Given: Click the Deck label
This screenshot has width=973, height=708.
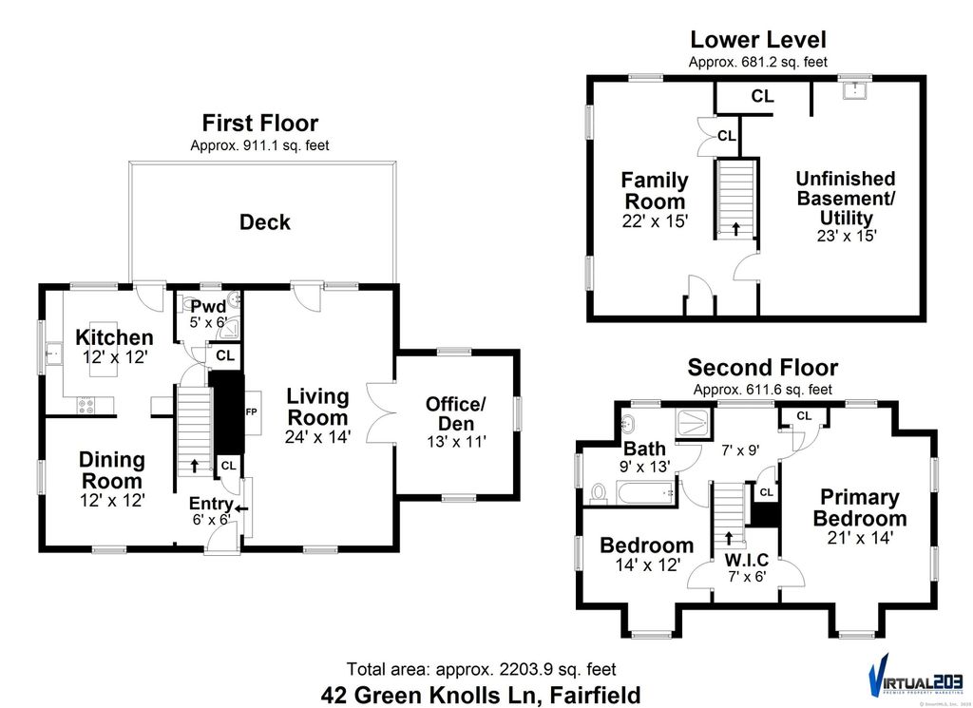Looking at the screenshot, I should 264,222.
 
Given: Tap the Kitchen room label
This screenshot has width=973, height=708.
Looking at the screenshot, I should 114,337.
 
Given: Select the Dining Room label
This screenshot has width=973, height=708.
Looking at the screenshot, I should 112,469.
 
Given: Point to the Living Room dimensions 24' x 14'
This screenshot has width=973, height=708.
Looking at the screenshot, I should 317,437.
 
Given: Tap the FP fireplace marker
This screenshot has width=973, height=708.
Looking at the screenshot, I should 252,412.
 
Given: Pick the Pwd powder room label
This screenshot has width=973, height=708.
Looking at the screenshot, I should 208,307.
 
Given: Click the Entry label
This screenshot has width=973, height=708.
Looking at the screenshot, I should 210,504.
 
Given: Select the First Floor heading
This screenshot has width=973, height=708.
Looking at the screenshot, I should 259,123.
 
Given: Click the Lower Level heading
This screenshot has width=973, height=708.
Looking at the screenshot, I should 757,40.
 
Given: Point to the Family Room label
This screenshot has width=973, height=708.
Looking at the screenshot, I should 655,190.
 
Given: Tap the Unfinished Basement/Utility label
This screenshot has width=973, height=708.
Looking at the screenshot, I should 846,198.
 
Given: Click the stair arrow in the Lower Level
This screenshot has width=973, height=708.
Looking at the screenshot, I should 736,229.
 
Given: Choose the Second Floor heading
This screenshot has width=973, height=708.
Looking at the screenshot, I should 763,368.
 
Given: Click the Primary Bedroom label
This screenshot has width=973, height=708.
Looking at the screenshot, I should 860,507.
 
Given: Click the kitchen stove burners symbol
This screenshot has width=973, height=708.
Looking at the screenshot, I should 87,404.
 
